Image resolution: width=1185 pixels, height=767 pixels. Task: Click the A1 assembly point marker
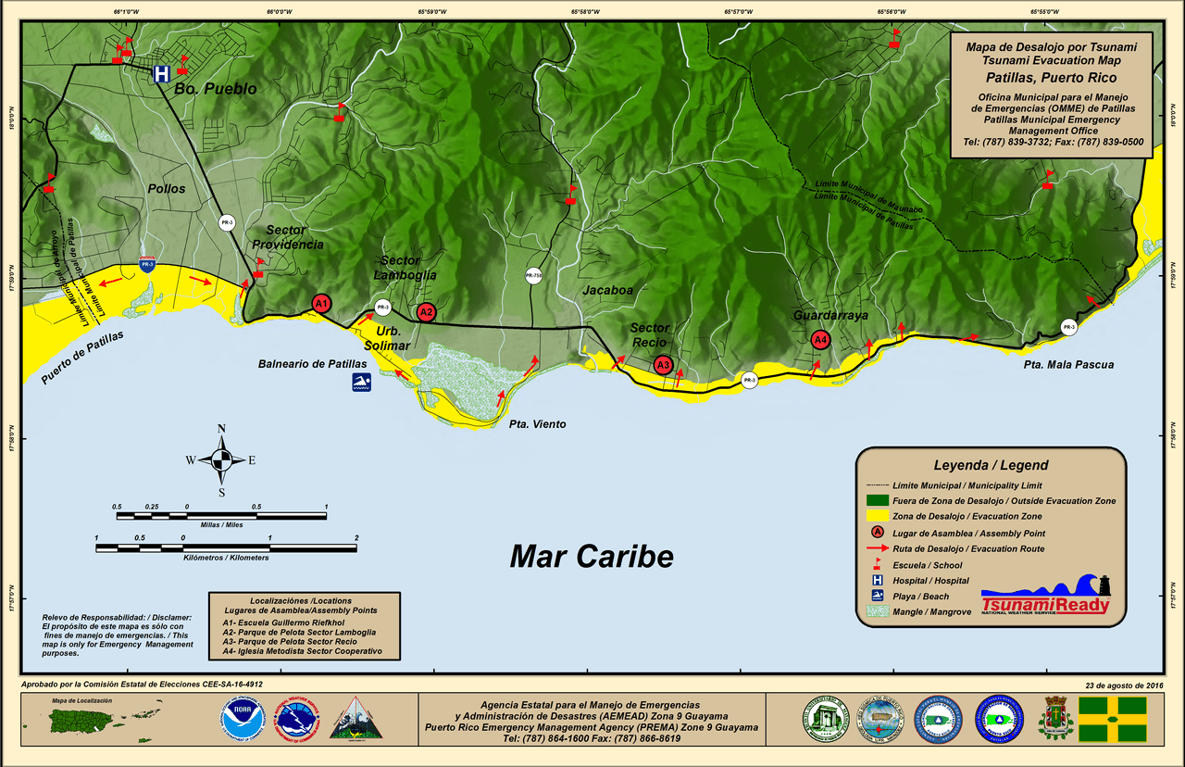(321, 303)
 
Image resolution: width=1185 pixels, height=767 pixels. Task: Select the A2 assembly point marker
(426, 312)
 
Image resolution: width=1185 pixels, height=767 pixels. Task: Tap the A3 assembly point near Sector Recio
(662, 365)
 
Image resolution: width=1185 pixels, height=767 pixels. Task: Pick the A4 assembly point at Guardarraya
(819, 340)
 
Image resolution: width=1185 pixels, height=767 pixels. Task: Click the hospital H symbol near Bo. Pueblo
(161, 73)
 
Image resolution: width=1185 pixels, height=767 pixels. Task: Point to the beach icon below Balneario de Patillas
(361, 383)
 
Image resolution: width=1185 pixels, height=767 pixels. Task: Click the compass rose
(221, 459)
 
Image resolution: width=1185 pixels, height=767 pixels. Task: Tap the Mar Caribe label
(592, 556)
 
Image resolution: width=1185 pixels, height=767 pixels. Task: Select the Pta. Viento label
(537, 424)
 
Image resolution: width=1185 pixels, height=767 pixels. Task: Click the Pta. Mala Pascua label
(1068, 365)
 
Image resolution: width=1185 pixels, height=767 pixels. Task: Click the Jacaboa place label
(607, 290)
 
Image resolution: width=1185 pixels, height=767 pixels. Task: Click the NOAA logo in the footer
(243, 719)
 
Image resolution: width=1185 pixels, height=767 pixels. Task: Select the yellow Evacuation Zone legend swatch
(878, 516)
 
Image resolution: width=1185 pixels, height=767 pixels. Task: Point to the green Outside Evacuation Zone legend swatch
(878, 500)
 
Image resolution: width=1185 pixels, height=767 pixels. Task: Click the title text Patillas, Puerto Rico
(1051, 78)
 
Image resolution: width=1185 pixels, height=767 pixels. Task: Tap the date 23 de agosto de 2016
(1124, 685)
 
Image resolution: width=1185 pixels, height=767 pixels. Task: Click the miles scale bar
(221, 516)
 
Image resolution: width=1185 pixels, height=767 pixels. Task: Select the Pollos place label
(166, 189)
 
